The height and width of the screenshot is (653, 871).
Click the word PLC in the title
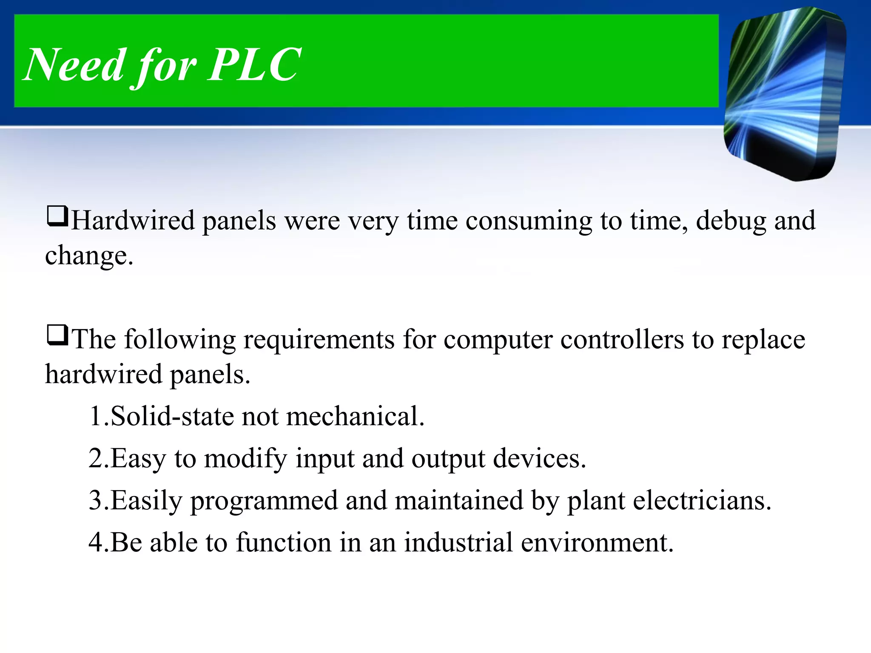(254, 65)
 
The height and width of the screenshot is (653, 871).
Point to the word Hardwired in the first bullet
(133, 221)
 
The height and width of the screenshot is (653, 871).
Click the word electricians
(702, 500)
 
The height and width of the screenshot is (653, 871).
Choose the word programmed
(264, 500)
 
